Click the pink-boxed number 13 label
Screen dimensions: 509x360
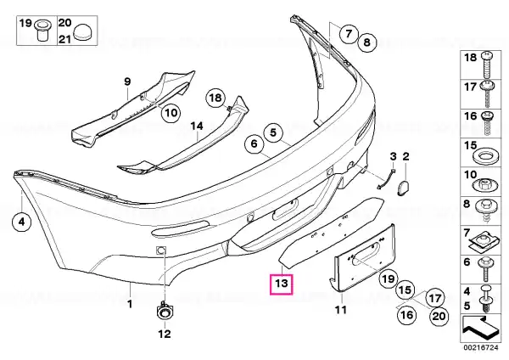coord(282,284)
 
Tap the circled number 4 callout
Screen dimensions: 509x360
coord(21,222)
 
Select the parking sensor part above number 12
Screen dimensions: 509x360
coord(165,312)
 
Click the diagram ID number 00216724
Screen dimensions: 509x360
coord(480,348)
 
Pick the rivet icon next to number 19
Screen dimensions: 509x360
coord(42,30)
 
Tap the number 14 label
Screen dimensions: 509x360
coord(197,126)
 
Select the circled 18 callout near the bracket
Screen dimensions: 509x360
coord(215,98)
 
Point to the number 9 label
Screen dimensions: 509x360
coord(127,82)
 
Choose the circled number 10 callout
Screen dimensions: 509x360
coord(171,113)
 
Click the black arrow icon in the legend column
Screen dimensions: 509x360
coord(479,327)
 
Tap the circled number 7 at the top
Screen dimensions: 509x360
coord(349,34)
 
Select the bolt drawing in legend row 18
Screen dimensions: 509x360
coord(486,63)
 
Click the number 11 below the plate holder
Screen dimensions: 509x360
coord(341,310)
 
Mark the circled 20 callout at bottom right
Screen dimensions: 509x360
coord(439,316)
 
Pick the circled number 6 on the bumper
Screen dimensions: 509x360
coord(255,143)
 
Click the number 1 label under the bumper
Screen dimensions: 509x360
coord(130,304)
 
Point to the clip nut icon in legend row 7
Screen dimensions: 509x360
coord(483,242)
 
